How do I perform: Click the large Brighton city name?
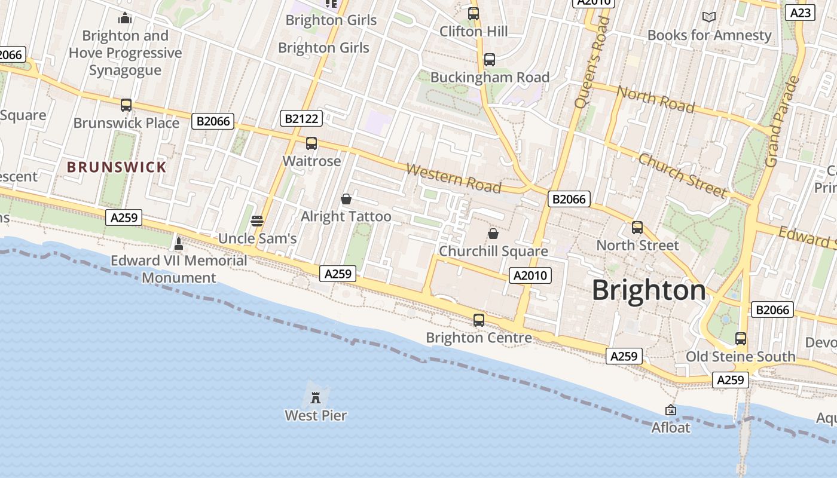[649, 290]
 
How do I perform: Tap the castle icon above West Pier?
[316, 397]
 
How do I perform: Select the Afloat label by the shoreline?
[670, 427]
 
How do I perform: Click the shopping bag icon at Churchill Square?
[493, 234]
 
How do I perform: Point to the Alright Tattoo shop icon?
[346, 199]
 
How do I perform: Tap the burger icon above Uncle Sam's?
[257, 221]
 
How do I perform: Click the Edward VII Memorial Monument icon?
[178, 244]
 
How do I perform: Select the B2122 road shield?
[301, 118]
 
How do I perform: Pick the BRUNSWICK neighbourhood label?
[117, 167]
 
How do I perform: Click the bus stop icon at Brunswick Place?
[126, 105]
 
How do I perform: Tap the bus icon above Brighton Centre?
[479, 320]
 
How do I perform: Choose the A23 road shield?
[801, 13]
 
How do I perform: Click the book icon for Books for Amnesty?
[709, 17]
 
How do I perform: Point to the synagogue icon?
[125, 18]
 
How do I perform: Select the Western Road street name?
[453, 178]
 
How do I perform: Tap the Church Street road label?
[682, 175]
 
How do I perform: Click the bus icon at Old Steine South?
[741, 339]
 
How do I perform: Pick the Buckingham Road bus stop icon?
[490, 60]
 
